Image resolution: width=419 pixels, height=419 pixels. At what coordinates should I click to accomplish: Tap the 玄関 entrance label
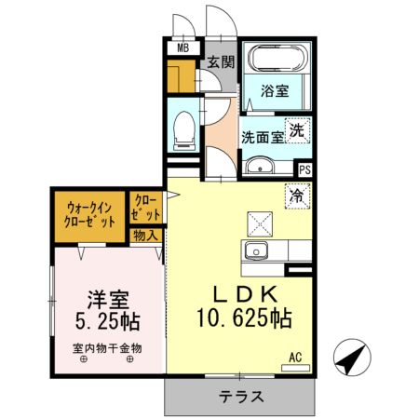pyautogui.click(x=220, y=62)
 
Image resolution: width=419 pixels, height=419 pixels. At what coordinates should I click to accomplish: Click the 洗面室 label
pyautogui.click(x=262, y=136)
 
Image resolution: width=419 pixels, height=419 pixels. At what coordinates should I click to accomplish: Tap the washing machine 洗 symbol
pyautogui.click(x=296, y=131)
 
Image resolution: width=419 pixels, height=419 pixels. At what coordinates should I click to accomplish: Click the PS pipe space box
pyautogui.click(x=304, y=169)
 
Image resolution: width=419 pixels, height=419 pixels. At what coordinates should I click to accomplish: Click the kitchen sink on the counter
pyautogui.click(x=255, y=250)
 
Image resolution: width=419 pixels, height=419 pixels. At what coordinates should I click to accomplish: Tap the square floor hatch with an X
pyautogui.click(x=258, y=223)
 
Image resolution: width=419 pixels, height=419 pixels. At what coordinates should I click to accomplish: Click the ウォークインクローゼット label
pyautogui.click(x=90, y=215)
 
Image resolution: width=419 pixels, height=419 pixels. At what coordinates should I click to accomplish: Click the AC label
pyautogui.click(x=295, y=357)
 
